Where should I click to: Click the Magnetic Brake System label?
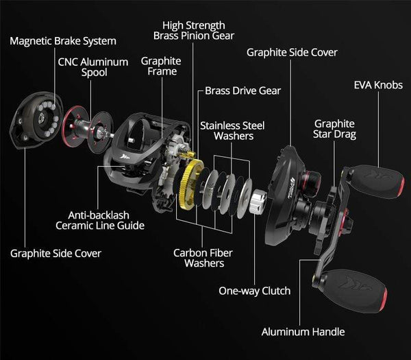(62, 41)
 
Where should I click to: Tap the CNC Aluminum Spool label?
(93, 67)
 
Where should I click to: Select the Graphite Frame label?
(161, 66)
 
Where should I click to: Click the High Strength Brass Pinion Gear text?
(194, 30)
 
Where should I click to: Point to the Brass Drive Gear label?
(243, 91)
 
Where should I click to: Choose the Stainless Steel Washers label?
(232, 130)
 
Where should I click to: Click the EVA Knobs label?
(378, 86)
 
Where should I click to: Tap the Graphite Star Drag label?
(335, 129)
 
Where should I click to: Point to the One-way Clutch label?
(254, 291)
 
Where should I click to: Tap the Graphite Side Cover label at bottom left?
(55, 254)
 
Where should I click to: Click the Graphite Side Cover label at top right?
(292, 52)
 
